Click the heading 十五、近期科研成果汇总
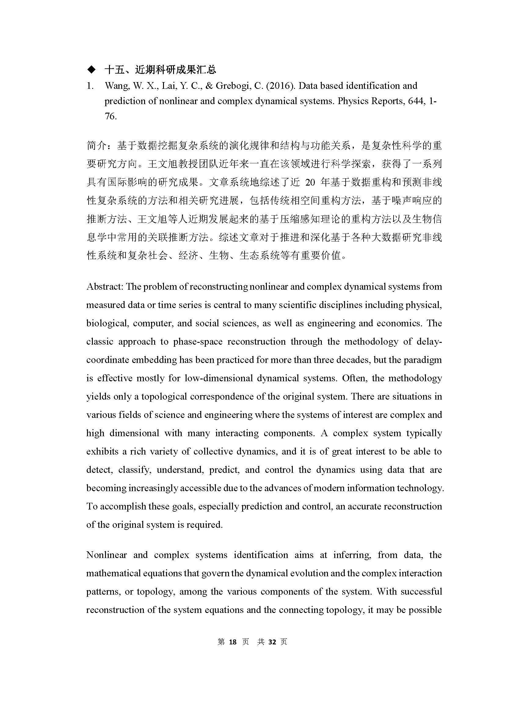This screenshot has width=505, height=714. (160, 70)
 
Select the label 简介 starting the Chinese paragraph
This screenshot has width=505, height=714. (96, 145)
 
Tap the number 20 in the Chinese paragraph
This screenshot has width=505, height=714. (310, 183)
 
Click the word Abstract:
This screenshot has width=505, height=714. (105, 286)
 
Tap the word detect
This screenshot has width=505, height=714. (99, 469)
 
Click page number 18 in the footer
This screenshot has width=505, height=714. (233, 642)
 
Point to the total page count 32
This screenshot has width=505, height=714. (272, 642)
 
